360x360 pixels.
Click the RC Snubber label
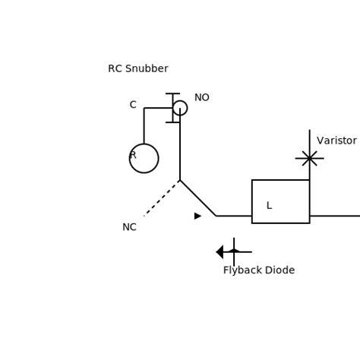[137, 69]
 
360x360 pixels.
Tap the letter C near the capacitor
[133, 105]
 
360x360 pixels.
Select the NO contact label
[201, 98]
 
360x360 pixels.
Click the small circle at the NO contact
[180, 108]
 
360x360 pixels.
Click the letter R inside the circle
[133, 155]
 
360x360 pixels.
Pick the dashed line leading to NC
[161, 198]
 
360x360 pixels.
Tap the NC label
[129, 227]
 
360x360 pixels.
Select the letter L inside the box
[269, 206]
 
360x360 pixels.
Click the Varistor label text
[336, 141]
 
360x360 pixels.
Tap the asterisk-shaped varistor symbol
[309, 158]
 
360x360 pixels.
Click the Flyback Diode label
[258, 270]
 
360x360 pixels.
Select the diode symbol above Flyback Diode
[232, 251]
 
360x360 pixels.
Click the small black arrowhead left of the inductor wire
[197, 216]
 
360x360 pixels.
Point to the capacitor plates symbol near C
[173, 108]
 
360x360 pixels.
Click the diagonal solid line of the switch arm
[197, 197]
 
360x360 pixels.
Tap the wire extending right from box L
[335, 216]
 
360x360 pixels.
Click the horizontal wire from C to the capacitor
[157, 108]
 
